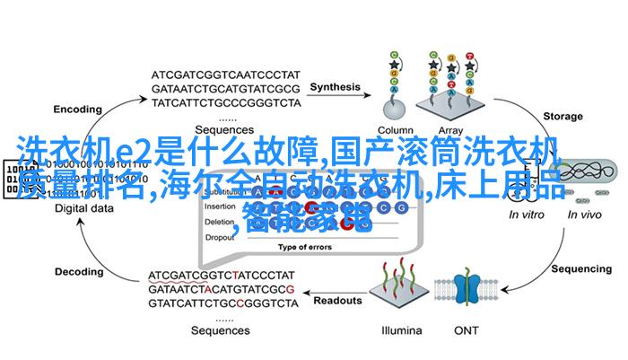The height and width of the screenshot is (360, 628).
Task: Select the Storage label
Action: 563,115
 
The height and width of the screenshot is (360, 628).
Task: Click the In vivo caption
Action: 586,214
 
